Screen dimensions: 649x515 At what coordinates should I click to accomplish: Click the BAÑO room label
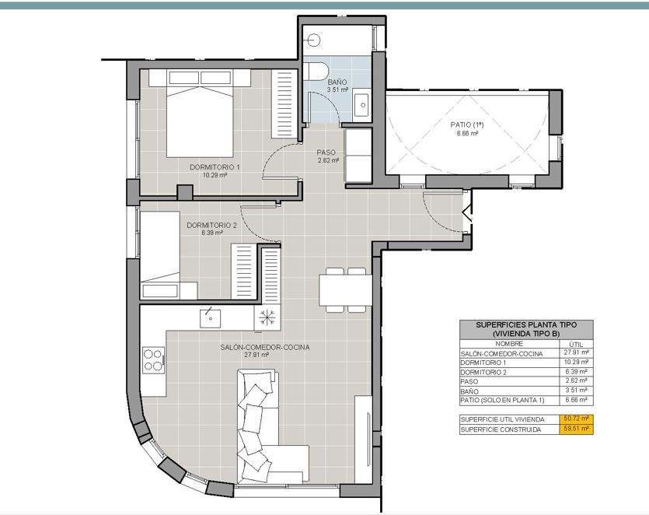(x=337, y=82)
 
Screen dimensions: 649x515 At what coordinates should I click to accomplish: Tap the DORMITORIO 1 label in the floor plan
(x=215, y=167)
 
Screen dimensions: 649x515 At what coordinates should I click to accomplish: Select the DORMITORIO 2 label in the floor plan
(x=211, y=226)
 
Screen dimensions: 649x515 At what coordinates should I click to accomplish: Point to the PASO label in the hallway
(x=326, y=152)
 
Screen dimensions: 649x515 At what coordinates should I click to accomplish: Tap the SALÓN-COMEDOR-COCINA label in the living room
(x=265, y=347)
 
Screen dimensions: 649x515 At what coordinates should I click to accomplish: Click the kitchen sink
(x=211, y=317)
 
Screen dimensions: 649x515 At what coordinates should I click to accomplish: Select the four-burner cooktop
(x=153, y=360)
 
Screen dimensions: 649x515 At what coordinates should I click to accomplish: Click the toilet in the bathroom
(x=317, y=71)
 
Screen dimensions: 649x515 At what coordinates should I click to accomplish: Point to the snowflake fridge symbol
(x=267, y=317)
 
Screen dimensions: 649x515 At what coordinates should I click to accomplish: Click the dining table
(x=345, y=289)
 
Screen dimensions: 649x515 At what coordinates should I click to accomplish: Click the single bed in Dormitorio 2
(x=161, y=255)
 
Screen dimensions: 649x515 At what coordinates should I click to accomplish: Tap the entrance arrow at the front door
(x=467, y=214)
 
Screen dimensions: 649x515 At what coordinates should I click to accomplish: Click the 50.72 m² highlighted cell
(x=576, y=419)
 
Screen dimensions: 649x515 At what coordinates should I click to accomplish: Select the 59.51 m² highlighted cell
(x=576, y=429)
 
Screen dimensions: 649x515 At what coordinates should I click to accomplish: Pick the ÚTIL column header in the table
(x=576, y=344)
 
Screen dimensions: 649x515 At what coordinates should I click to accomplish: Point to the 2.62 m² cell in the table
(x=576, y=380)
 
